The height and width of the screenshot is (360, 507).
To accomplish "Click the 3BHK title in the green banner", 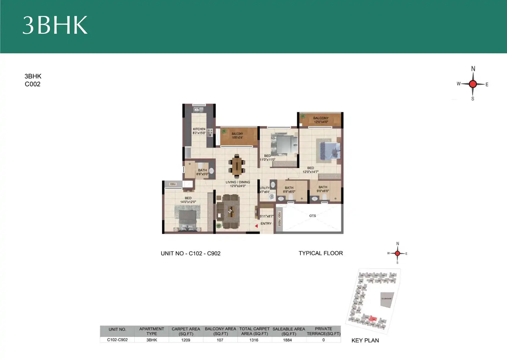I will pos(55,25).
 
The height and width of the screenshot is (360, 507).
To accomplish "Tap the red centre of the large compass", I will pos(473,84).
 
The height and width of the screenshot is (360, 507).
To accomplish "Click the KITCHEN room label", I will pos(199,129).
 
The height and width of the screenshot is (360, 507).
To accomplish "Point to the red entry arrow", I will pos(256,226).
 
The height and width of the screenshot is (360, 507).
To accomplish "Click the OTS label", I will pos(313,216).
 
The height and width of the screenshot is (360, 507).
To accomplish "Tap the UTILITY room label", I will pos(265,188).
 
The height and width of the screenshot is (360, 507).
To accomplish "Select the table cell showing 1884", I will pos(288,340).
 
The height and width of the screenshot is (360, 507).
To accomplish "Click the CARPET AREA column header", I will pos(186,331).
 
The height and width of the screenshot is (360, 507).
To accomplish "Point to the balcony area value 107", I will pos(220,340).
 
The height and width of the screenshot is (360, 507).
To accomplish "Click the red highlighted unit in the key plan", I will pos(373,318).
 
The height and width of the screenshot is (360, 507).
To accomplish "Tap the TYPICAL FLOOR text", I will pos(321,253).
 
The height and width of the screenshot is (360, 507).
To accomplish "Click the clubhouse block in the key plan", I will pos(387,299).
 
